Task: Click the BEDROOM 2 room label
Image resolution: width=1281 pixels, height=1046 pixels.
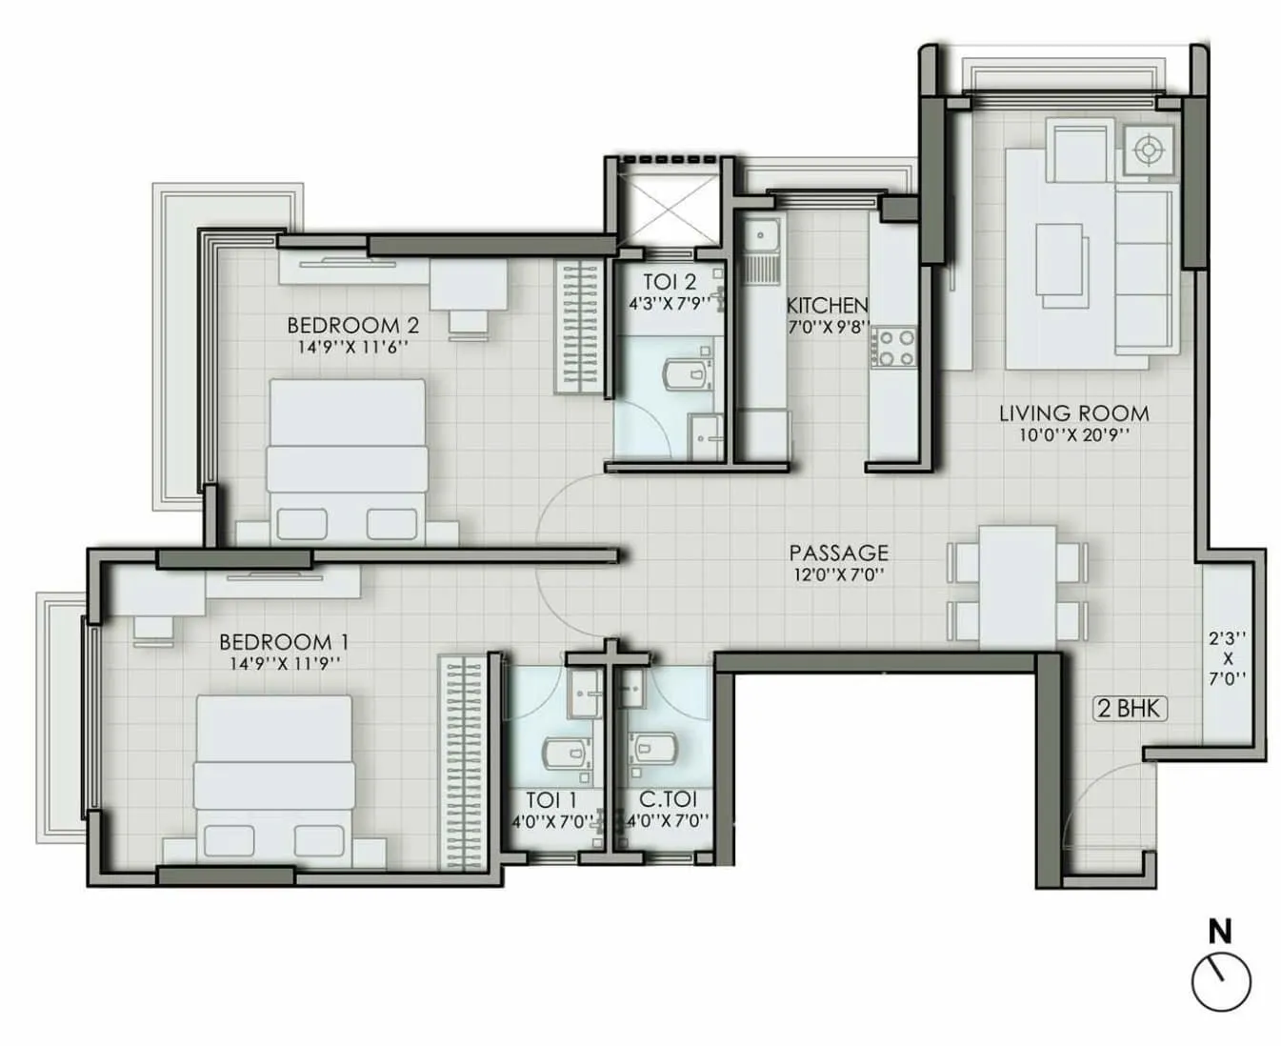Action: [352, 326]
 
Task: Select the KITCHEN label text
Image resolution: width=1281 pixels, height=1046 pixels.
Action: [827, 306]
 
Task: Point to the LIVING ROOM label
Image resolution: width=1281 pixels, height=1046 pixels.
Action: [1073, 413]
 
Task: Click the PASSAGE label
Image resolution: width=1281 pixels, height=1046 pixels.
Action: [838, 553]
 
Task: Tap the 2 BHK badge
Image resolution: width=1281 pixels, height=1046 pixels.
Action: [1130, 708]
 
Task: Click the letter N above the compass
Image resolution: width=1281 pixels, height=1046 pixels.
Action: [1219, 931]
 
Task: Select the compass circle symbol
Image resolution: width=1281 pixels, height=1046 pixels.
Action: [1221, 981]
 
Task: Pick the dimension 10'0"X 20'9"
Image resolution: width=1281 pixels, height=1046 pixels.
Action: [1073, 435]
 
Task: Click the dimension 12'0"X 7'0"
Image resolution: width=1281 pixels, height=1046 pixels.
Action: [838, 573]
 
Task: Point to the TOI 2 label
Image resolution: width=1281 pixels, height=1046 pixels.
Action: [669, 282]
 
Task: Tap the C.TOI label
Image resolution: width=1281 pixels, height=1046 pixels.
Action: [668, 800]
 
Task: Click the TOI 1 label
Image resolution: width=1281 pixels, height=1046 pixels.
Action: [551, 800]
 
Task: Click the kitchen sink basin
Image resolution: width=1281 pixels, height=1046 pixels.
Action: [761, 234]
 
